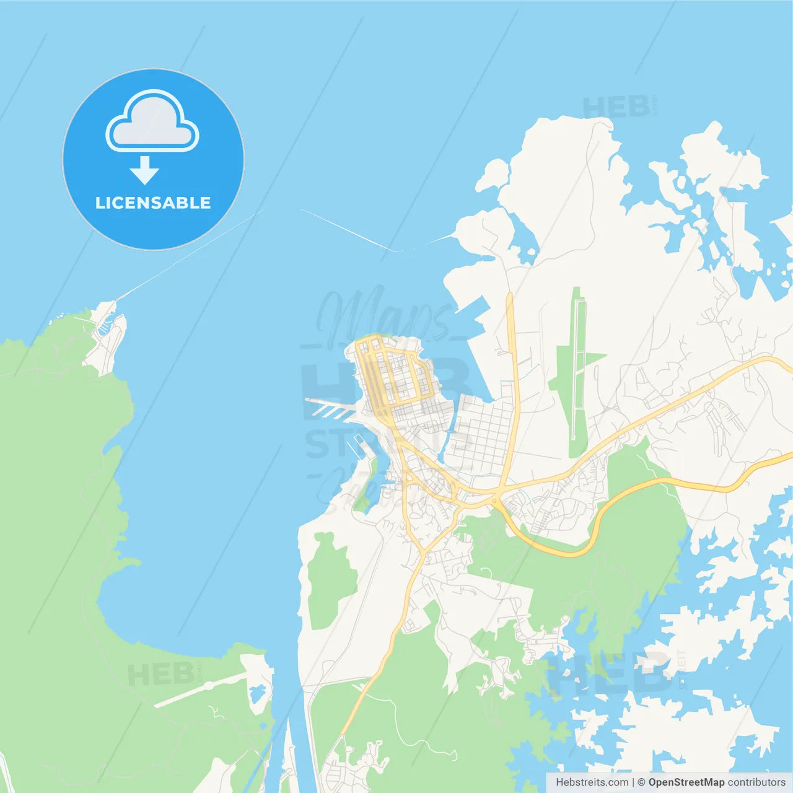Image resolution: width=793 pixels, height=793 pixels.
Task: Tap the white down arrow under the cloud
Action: pyautogui.click(x=144, y=170)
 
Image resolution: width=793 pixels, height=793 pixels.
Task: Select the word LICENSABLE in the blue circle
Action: pyautogui.click(x=153, y=203)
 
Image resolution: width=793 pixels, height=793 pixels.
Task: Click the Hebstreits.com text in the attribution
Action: pyautogui.click(x=592, y=782)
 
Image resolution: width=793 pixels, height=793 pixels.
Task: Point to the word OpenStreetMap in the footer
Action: pyautogui.click(x=686, y=782)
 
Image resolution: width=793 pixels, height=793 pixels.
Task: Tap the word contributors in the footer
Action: pyautogui.click(x=756, y=782)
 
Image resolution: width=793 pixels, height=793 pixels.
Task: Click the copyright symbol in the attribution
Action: pyautogui.click(x=641, y=782)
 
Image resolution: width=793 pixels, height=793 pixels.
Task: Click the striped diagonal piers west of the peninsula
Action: pyautogui.click(x=331, y=408)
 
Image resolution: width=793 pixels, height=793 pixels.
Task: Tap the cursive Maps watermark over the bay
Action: pyautogui.click(x=384, y=316)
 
